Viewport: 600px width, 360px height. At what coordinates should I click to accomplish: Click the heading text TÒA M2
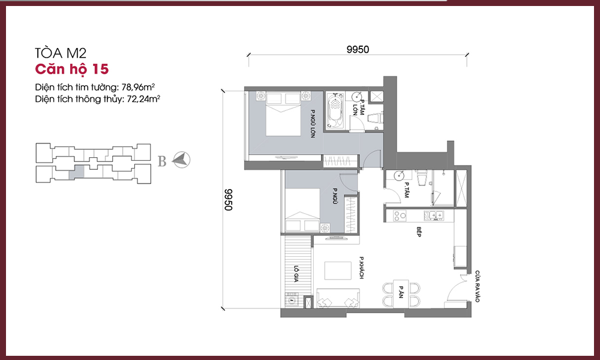pyautogui.click(x=61, y=53)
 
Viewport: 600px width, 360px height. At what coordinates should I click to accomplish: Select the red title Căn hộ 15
pyautogui.click(x=72, y=69)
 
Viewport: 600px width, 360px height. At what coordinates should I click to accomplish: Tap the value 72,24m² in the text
pyautogui.click(x=143, y=99)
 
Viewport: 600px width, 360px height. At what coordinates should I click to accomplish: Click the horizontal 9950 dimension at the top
pyautogui.click(x=358, y=49)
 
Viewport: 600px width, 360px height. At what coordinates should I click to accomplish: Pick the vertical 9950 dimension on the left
pyautogui.click(x=229, y=199)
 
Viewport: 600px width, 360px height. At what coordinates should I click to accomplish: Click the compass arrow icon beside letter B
pyautogui.click(x=181, y=160)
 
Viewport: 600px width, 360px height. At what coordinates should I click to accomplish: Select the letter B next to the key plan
pyautogui.click(x=162, y=161)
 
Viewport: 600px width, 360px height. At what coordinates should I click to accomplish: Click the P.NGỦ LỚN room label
pyautogui.click(x=313, y=124)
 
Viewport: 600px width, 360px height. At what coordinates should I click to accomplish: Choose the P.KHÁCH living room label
pyautogui.click(x=361, y=268)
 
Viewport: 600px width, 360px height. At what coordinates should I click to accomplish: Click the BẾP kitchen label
pyautogui.click(x=419, y=232)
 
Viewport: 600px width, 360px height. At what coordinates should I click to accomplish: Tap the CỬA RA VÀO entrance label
pyautogui.click(x=477, y=287)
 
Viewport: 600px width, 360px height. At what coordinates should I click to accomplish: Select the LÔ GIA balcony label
pyautogui.click(x=296, y=274)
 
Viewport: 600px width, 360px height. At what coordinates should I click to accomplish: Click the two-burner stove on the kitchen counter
pyautogui.click(x=400, y=216)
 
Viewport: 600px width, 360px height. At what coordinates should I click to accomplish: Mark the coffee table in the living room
pyautogui.click(x=338, y=271)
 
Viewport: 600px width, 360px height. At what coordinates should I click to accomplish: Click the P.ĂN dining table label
pyautogui.click(x=401, y=292)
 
